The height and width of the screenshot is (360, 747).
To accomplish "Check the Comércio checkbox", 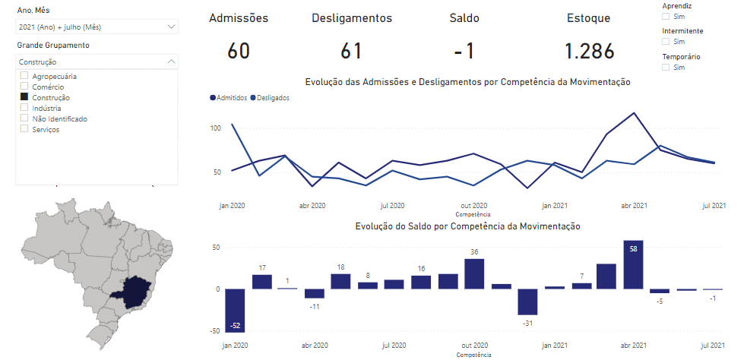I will click(24, 87).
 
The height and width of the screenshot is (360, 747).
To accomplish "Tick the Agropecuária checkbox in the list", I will click(24, 76).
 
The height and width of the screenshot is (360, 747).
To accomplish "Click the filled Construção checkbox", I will click(24, 97).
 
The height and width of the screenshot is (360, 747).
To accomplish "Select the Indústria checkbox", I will click(24, 108).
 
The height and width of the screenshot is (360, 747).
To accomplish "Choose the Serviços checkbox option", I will click(24, 129).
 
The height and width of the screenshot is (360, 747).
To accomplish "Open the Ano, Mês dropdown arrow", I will click(170, 27).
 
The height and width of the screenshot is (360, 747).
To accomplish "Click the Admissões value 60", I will click(238, 51).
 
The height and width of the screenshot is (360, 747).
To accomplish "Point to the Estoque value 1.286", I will click(588, 51).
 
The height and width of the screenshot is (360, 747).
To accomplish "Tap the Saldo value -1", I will click(464, 51).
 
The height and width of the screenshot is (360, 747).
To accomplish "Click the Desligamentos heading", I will click(352, 18).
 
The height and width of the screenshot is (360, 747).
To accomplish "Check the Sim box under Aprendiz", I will click(666, 16).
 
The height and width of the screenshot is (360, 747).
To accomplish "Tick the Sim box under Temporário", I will click(666, 68).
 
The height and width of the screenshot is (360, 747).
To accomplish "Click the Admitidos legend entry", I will click(229, 98).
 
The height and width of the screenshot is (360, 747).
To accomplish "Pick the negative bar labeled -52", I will click(235, 310).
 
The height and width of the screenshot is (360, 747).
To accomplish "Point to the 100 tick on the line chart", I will click(216, 128).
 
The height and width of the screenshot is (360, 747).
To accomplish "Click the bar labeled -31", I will click(527, 302).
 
